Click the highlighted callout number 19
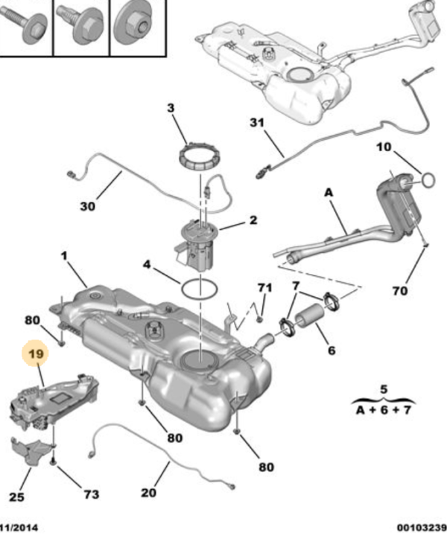click(36, 355)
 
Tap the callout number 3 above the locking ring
click(171, 109)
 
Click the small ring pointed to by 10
click(428, 179)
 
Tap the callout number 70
click(400, 290)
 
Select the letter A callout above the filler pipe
click(329, 193)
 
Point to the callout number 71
click(265, 287)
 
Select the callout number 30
click(88, 206)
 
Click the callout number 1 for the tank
click(64, 256)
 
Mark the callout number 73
click(90, 494)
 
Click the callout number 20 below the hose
click(149, 492)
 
